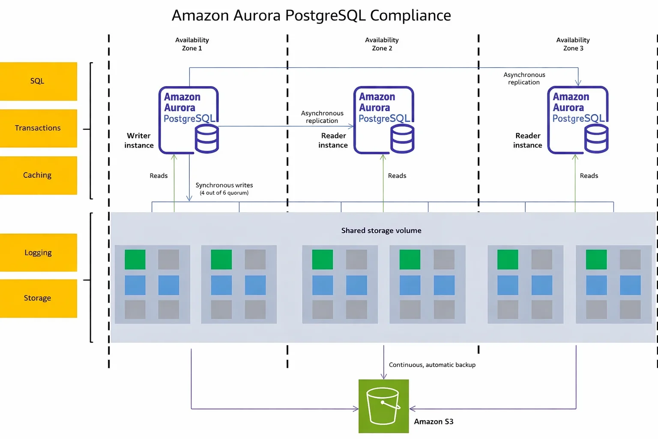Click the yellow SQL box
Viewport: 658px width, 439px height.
pos(38,81)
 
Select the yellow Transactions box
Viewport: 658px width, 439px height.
pos(38,128)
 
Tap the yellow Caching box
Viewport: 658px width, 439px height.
pos(38,175)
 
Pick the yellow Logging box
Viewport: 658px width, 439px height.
pos(38,253)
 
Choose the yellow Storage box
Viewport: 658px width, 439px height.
pos(38,298)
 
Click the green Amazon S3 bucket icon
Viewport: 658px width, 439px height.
pos(383,406)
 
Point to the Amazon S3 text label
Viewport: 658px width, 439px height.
pos(434,421)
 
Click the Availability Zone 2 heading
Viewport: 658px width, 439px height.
pos(382,44)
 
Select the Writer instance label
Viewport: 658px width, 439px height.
pos(139,141)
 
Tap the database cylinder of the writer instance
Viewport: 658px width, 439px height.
pos(207,139)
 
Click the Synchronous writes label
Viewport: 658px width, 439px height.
pos(224,186)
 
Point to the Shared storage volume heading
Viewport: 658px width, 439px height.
pos(381,231)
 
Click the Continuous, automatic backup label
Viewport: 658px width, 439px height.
pos(432,365)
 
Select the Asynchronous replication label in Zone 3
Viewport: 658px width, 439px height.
pos(524,78)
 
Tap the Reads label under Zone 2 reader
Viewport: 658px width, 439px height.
pos(397,176)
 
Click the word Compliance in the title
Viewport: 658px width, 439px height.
pos(410,15)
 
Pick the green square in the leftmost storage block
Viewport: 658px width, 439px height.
pos(135,259)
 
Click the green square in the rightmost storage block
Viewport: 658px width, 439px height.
pos(596,259)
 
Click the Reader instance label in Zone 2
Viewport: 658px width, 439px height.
pos(333,141)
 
